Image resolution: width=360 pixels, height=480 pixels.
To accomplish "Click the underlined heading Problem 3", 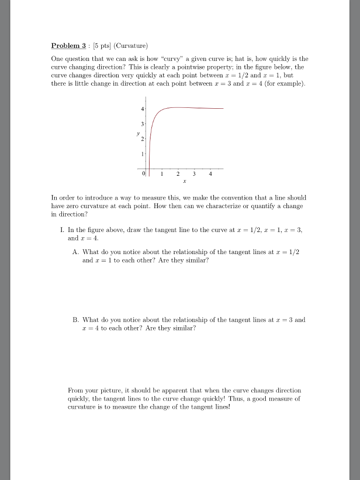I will tap(68, 46).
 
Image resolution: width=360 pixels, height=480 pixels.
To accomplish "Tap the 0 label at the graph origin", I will tap(143, 173).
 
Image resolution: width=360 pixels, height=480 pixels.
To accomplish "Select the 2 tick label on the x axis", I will tap(177, 173).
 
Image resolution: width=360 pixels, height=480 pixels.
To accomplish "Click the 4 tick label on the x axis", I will tap(210, 173).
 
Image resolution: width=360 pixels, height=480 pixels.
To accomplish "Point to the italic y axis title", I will tap(138, 134).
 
